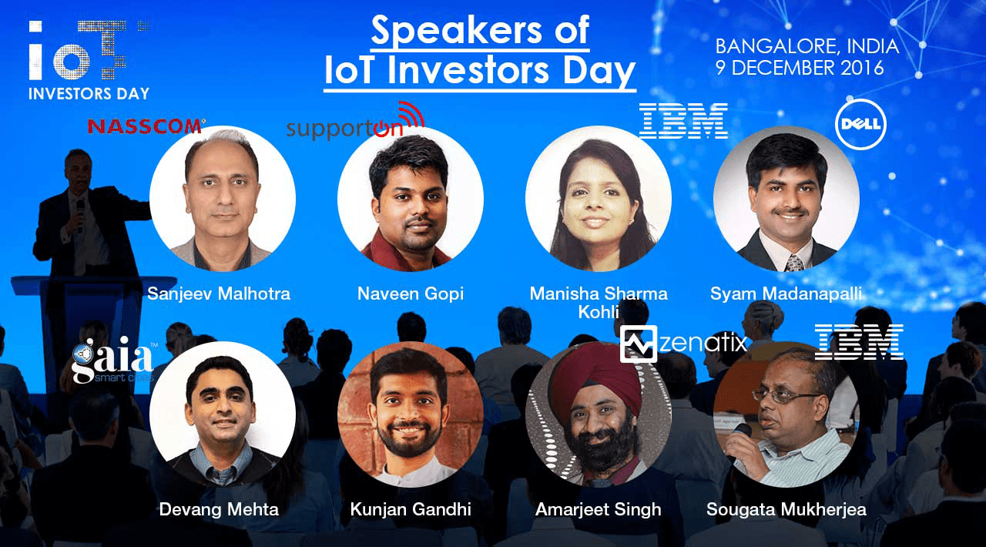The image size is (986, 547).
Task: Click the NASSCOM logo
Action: coord(146,126)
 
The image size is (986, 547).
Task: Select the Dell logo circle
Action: coord(860,124)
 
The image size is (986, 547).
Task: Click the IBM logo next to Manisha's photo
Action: coord(683,121)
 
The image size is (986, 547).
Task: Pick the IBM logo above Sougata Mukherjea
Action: coord(859,342)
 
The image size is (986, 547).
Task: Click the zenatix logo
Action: coord(683,344)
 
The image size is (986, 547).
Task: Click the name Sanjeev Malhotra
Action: coord(219,294)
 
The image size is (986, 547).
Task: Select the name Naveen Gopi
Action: coord(411,294)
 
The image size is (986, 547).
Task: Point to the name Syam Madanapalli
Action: coord(786,294)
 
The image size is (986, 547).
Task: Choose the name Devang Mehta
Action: coord(219,509)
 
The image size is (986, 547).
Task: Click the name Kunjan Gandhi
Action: coord(411,509)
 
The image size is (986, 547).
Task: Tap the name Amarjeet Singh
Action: coord(599,509)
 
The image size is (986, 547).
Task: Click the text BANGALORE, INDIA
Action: coord(807,46)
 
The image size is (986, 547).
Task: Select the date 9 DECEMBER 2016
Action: coord(800,67)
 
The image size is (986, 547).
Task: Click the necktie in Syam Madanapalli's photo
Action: coord(794,263)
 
